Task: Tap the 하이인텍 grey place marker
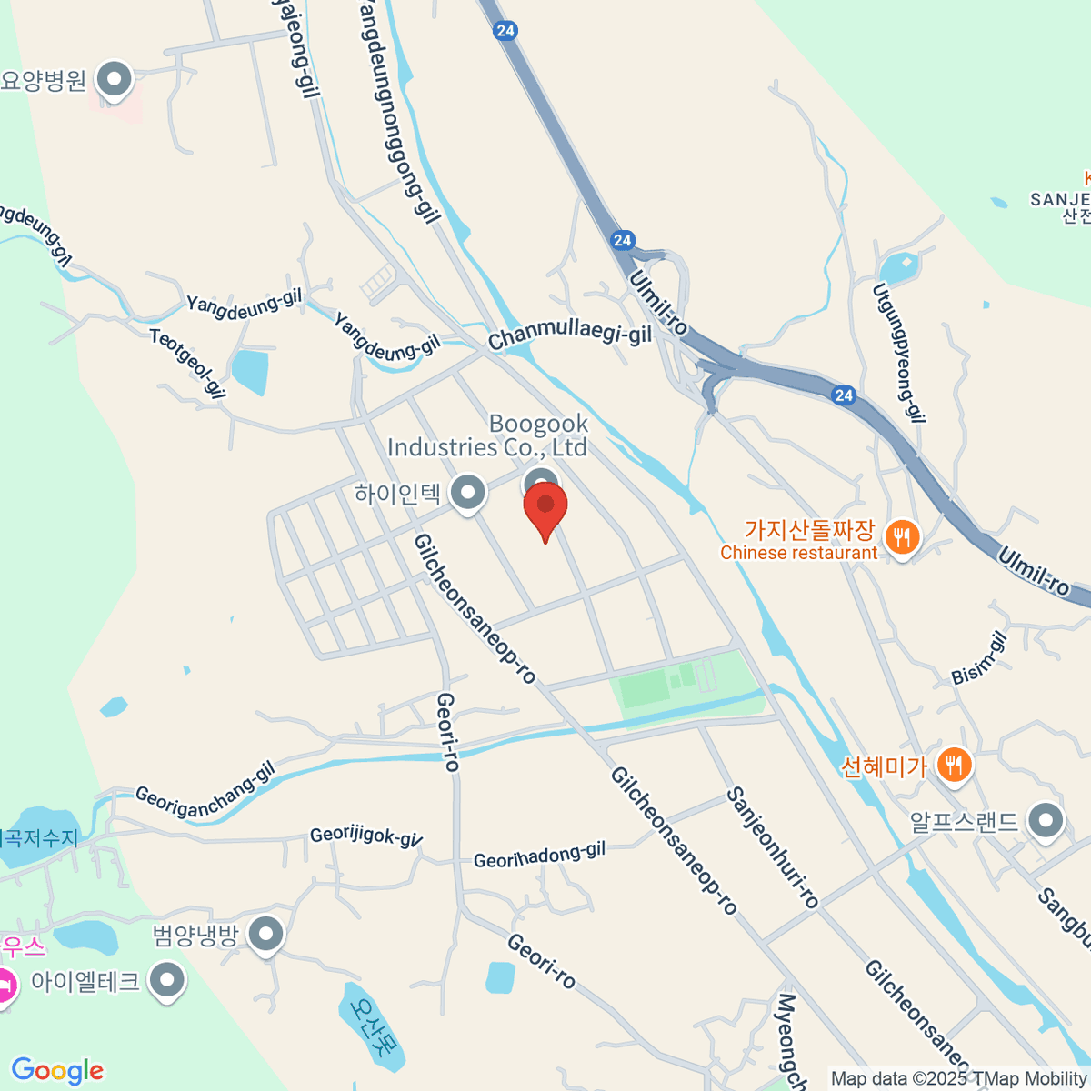[x=468, y=493]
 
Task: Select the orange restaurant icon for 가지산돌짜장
[x=901, y=537]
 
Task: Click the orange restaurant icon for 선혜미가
[x=953, y=764]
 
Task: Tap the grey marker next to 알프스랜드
[x=1046, y=821]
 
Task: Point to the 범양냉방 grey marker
[x=265, y=934]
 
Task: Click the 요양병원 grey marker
[x=115, y=79]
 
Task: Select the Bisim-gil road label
[x=979, y=659]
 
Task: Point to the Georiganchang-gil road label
[x=205, y=795]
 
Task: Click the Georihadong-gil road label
[x=539, y=856]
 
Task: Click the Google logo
[x=57, y=1071]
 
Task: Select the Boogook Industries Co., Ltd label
[x=488, y=435]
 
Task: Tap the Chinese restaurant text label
[x=798, y=553]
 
